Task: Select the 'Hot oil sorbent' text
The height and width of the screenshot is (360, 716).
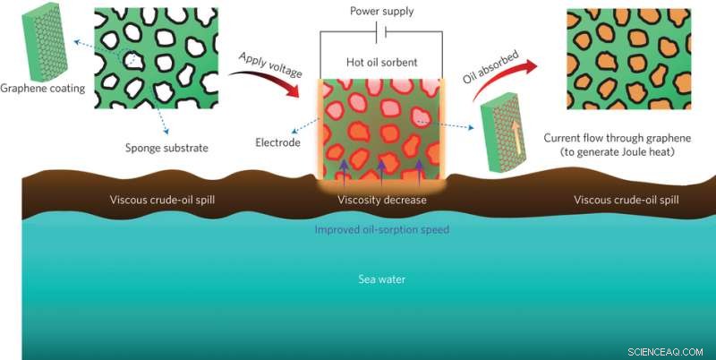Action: pos(381,62)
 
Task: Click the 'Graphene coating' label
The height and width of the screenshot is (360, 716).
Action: pos(42,89)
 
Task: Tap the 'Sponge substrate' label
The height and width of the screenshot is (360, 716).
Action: pos(169,148)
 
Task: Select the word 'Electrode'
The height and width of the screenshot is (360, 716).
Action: pos(279,142)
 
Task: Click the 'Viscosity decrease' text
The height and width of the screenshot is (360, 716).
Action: pos(381,199)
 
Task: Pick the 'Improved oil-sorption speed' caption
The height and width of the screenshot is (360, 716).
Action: pos(381,229)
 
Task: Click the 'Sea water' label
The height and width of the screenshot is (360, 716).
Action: pos(381,279)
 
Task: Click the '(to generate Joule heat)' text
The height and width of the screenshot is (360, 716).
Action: pos(618,153)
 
